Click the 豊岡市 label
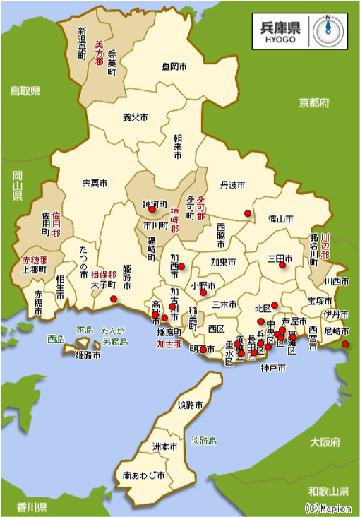(x=174, y=66)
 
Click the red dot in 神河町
(x=151, y=209)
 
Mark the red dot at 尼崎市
(x=345, y=344)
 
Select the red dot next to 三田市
(x=282, y=266)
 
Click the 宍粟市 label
(x=95, y=184)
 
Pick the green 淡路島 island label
(x=203, y=439)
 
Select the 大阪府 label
(x=325, y=443)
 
